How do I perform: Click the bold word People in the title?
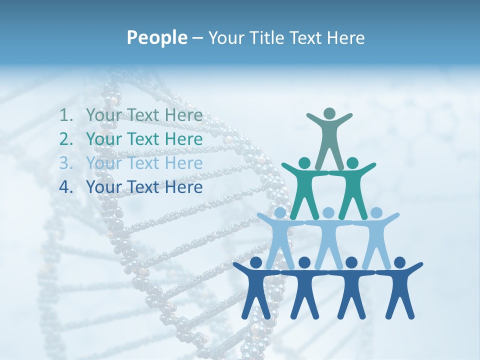click(156, 37)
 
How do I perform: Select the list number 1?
click(65, 115)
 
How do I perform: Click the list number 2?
click(65, 139)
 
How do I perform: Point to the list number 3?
click(65, 163)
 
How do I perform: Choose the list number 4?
click(65, 187)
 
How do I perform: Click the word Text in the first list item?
click(145, 115)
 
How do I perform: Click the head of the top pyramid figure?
click(329, 113)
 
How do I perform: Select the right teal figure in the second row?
click(352, 185)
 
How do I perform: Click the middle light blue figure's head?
click(328, 213)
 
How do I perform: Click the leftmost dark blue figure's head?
click(256, 262)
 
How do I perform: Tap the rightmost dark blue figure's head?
click(399, 262)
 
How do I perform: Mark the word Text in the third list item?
click(145, 163)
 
